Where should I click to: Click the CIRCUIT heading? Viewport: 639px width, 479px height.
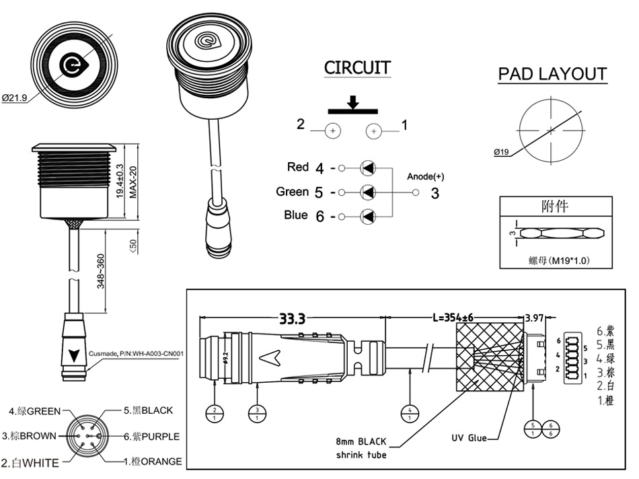coord(357,68)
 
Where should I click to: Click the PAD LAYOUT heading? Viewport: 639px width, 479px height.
coord(552,74)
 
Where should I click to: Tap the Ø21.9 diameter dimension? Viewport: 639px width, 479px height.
coord(14,98)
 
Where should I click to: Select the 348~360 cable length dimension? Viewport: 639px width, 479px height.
coord(101,271)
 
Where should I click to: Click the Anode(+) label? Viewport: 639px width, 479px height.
coord(426,177)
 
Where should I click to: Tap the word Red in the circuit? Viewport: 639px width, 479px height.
coord(298,167)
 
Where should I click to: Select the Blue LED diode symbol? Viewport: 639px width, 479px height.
coord(368,217)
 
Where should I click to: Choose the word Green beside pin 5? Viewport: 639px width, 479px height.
coord(293,192)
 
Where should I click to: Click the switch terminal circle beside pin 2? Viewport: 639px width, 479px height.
coord(332,131)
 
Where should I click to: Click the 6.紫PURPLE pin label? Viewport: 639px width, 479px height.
coord(151,437)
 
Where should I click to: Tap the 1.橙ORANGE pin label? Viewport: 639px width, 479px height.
coord(153,462)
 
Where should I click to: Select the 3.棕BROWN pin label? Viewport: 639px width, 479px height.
coord(29,436)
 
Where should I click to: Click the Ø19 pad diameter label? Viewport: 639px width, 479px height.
coord(501,152)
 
